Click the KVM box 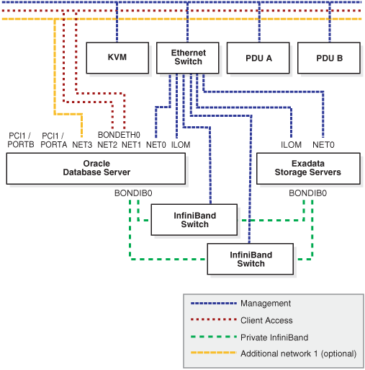coord(117,58)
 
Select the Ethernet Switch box coord(188,58)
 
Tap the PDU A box coord(258,58)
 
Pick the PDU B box coord(329,58)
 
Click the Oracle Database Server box coord(96,169)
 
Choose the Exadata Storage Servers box coord(308,169)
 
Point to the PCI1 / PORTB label coord(21,140)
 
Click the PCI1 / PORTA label coord(53,140)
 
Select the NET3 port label coord(82,145)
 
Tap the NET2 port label coord(107,145)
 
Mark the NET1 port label coord(131,145)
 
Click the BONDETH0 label coord(119,135)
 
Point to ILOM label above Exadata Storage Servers coord(291,145)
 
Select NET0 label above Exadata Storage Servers coord(323,145)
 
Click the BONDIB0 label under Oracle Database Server coord(133,193)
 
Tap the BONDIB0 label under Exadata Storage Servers coord(307,193)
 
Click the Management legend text coord(266,304)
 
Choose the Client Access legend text coord(266,320)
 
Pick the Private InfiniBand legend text coord(274,338)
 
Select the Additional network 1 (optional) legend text coord(299,353)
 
